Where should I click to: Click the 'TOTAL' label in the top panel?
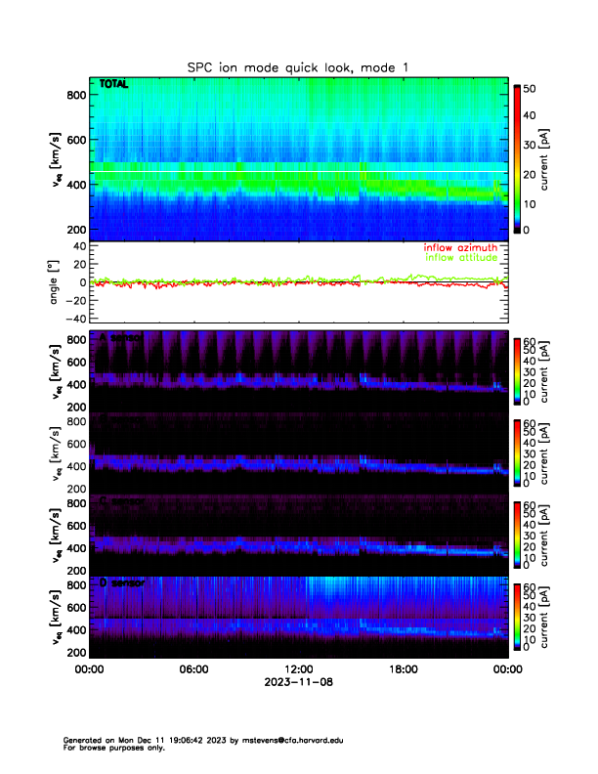click(114, 85)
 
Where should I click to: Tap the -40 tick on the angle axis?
click(72, 319)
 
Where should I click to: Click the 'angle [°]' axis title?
click(55, 283)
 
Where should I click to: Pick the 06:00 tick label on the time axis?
click(193, 669)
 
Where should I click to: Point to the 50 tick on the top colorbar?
click(534, 89)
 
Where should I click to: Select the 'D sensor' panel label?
click(122, 582)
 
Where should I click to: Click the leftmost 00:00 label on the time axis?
click(89, 669)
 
